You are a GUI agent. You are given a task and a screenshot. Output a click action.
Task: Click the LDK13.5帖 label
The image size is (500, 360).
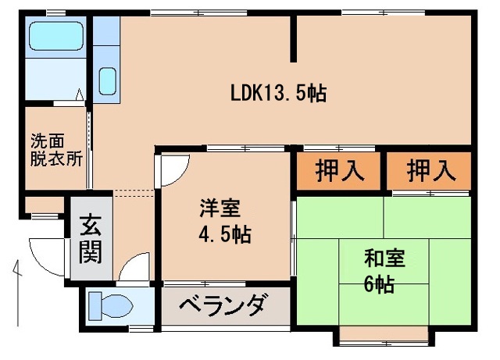pos(278,93)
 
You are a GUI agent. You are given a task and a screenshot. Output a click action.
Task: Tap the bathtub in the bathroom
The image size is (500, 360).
pos(55,37)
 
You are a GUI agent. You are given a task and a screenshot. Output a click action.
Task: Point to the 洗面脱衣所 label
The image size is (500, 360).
pos(55,148)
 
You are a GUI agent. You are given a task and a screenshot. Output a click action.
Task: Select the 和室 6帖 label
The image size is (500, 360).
pos(384,269)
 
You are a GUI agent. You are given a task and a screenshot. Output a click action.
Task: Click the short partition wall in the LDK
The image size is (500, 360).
pos(295,39)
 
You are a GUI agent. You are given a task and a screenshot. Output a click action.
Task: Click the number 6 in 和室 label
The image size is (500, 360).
pos(368,283)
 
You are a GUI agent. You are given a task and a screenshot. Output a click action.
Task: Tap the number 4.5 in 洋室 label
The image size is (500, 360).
pos(212,234)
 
